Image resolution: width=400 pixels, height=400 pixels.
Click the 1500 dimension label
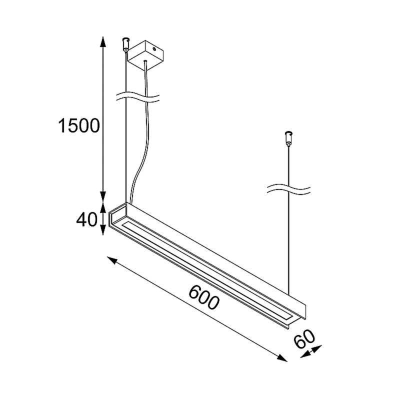click(x=79, y=125)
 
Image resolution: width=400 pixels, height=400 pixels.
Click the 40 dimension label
click(x=86, y=219)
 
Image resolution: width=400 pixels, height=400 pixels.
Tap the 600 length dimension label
click(x=204, y=297)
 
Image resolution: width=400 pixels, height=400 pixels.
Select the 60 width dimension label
click(x=304, y=339)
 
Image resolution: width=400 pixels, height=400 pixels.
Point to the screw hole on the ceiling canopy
click(x=154, y=48)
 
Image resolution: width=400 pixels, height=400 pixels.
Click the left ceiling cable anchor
click(x=126, y=44)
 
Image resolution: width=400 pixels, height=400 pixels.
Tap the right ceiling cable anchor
click(x=288, y=138)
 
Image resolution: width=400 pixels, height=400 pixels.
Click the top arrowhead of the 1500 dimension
click(x=103, y=41)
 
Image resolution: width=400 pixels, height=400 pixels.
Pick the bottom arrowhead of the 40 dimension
click(x=102, y=230)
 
